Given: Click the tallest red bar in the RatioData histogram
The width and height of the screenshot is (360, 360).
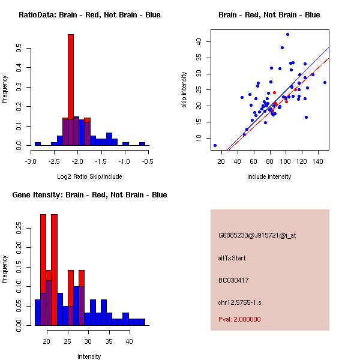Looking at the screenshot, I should [x=70, y=78].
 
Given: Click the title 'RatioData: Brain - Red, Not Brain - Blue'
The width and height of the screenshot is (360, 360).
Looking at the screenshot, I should [x=89, y=15].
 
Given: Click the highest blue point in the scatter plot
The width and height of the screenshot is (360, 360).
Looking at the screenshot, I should [x=287, y=34].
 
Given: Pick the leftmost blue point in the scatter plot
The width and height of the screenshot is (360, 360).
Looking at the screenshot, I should [x=215, y=145].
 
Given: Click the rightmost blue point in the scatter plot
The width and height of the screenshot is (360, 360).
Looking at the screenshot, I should [x=325, y=82].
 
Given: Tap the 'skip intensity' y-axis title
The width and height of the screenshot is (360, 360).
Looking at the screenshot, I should [x=185, y=90].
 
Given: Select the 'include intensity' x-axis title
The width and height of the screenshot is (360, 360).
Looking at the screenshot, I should [x=269, y=176].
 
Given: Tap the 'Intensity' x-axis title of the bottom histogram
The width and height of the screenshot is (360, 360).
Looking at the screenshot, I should [x=89, y=356].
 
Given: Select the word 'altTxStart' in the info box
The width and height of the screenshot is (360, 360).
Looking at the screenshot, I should [x=232, y=258].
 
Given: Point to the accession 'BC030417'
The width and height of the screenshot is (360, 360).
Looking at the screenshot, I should [x=233, y=280].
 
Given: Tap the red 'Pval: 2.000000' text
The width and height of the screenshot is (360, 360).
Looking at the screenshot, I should [x=239, y=319].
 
